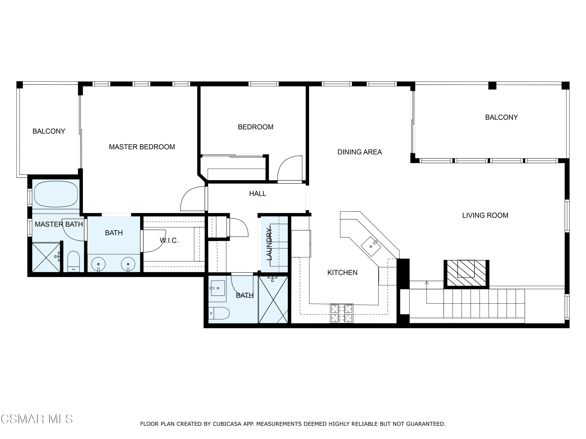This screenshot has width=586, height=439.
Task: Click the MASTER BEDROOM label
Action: click(142, 147)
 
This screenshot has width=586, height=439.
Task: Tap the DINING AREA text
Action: click(359, 152)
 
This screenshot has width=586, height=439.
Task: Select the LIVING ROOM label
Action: click(485, 215)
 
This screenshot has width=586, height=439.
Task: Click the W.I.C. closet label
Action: click(169, 241)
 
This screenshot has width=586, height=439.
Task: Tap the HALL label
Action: click(257, 194)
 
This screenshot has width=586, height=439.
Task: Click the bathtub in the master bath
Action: click(56, 194)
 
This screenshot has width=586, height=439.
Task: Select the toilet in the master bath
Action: click(73, 261)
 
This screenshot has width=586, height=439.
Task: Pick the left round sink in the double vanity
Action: click(98, 264)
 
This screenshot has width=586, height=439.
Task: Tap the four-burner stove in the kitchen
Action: click(341, 313)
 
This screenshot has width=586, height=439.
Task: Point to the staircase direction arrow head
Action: click(427, 283)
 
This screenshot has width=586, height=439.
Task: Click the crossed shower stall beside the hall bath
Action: click(273, 299)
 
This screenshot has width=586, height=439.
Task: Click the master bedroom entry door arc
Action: click(192, 198)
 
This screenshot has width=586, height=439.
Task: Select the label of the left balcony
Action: click(49, 131)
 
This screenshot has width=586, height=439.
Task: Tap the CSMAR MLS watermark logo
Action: click(37, 419)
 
